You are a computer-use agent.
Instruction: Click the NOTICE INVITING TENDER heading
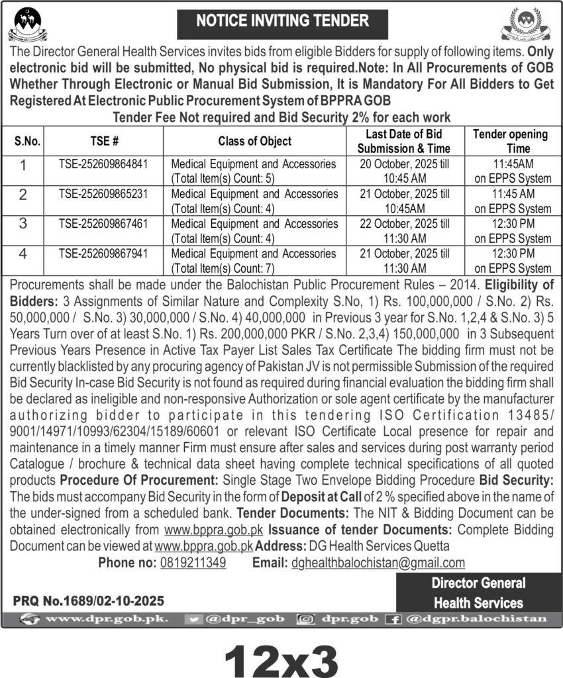(282, 21)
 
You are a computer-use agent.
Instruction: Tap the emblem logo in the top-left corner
(28, 24)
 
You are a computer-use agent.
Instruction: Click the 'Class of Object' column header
(254, 140)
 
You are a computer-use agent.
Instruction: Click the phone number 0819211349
(193, 563)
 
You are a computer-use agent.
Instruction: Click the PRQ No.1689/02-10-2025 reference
(88, 602)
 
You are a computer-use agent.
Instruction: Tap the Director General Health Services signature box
(478, 593)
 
